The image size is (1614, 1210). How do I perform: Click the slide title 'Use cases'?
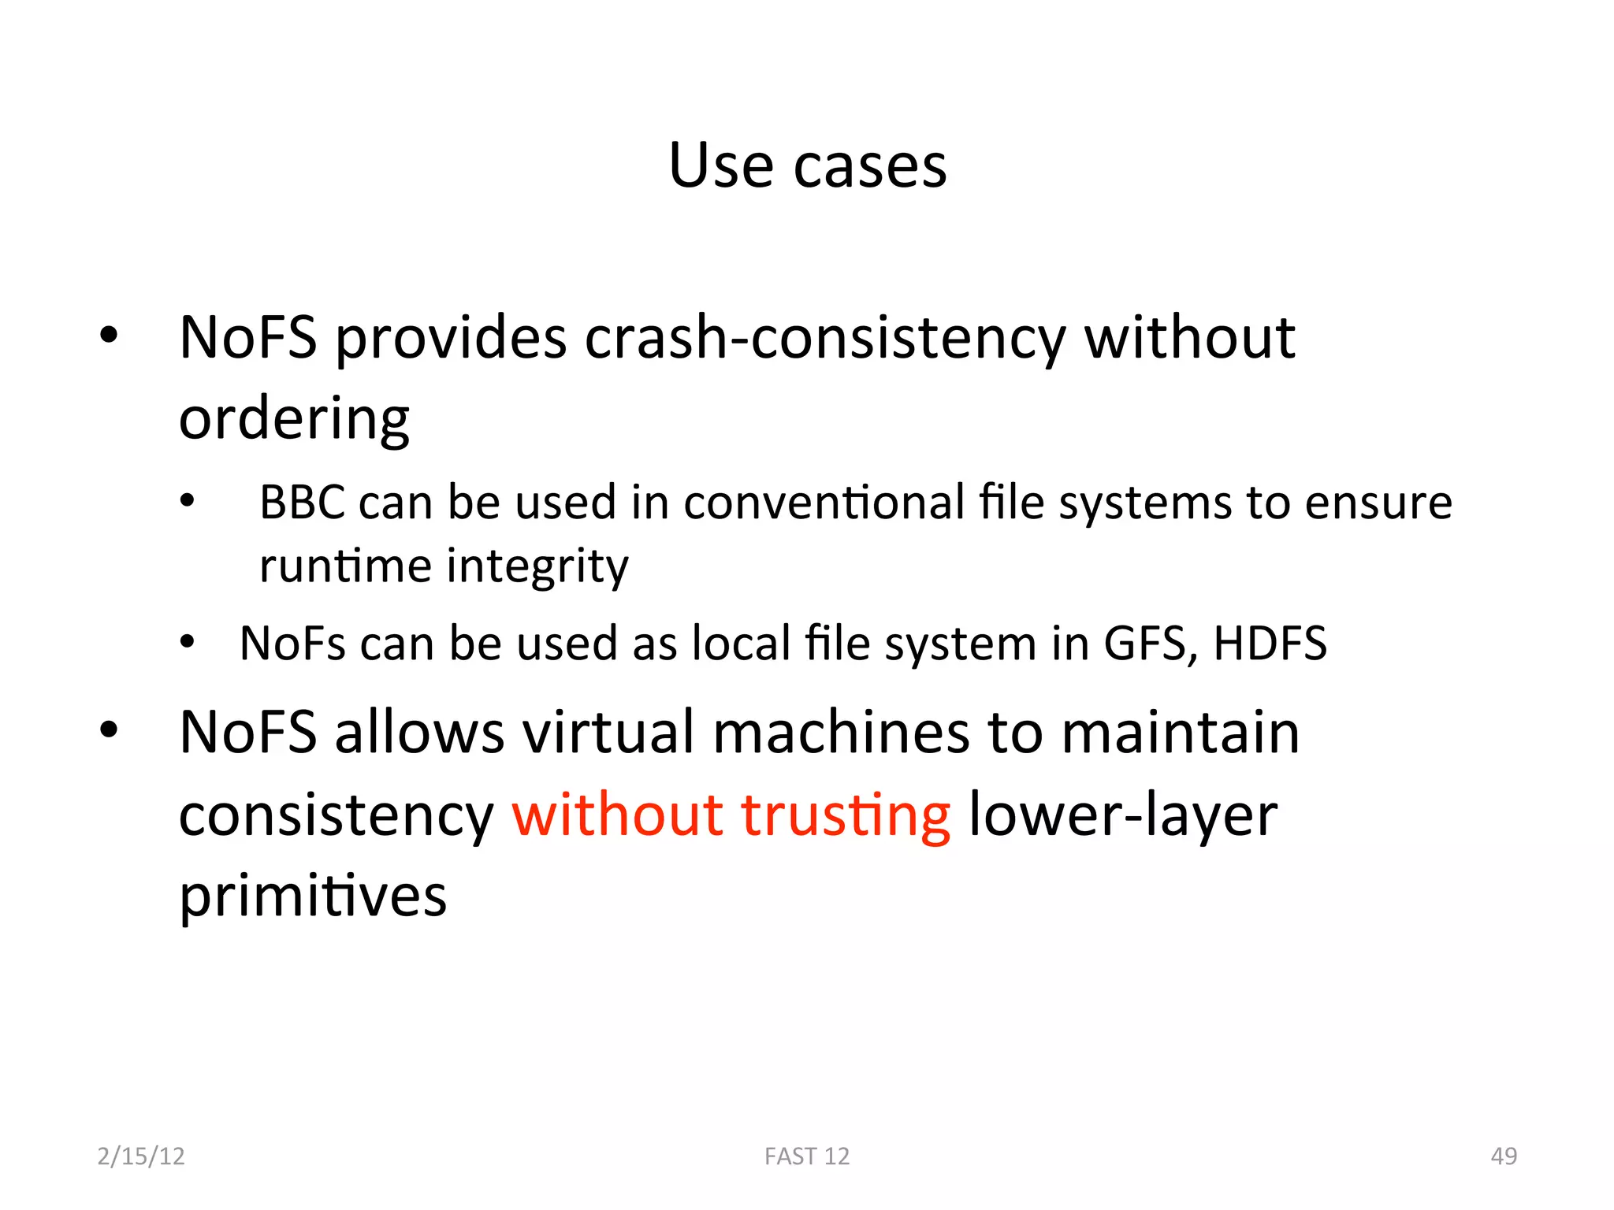click(807, 166)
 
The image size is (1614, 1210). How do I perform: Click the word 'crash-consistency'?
click(825, 339)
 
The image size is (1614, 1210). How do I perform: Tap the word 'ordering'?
click(294, 419)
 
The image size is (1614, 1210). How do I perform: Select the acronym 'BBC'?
click(302, 503)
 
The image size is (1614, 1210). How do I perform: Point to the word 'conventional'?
click(824, 503)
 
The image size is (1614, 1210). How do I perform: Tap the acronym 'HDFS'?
click(1270, 644)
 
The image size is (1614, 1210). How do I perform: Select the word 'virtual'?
click(609, 733)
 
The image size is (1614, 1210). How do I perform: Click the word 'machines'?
click(841, 733)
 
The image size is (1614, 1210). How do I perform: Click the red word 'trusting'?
click(846, 815)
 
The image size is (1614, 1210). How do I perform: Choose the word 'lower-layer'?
click(1122, 816)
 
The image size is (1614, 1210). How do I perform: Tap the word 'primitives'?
click(313, 896)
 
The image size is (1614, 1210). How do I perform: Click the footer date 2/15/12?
click(141, 1156)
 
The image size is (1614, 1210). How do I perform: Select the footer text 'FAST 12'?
click(807, 1156)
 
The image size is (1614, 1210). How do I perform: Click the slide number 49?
click(1504, 1156)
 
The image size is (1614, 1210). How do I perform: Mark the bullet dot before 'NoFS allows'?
click(109, 729)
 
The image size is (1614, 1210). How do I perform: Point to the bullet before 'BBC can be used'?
click(187, 501)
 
